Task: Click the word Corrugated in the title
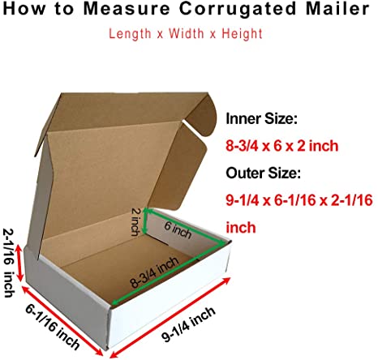pos(238,9)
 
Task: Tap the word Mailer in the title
pos(337,8)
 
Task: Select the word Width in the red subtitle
pos(187,34)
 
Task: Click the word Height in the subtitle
pos(242,34)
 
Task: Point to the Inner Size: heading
pos(261,118)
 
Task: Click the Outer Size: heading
pos(263,173)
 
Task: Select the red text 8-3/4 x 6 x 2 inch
pos(282,146)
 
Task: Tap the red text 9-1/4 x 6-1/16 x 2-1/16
pos(299,200)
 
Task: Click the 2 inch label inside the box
pos(136,221)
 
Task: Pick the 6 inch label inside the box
pos(178,230)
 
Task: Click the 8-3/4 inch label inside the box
pos(155,272)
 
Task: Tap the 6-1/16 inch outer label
pos(53,327)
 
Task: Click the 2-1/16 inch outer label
pos(10,263)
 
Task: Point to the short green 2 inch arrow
pos(144,221)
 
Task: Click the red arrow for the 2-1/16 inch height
pos(19,263)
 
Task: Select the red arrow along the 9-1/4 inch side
pos(170,317)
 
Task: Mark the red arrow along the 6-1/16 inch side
pos(62,321)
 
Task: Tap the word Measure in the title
pos(126,9)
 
